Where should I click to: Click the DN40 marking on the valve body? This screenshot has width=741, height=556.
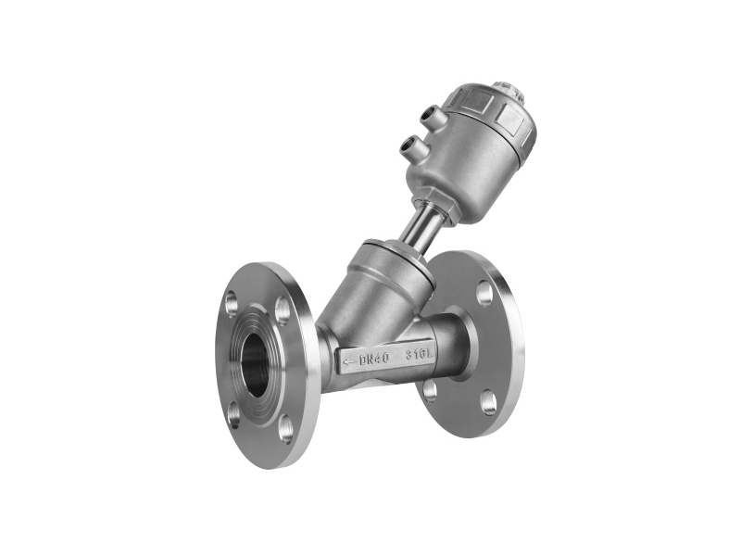[374, 359]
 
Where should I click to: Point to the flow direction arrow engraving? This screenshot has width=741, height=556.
[349, 362]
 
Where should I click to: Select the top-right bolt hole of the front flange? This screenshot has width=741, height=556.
[283, 310]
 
